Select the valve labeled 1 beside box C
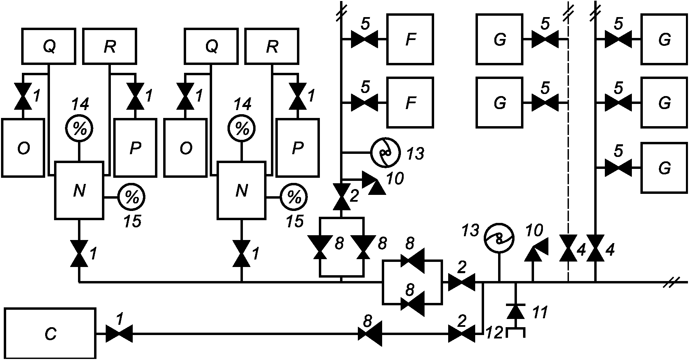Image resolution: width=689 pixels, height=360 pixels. [119, 333]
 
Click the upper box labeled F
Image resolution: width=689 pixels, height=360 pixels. [410, 39]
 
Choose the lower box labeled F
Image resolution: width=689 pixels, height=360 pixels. [410, 102]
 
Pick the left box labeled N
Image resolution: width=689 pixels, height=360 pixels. [79, 190]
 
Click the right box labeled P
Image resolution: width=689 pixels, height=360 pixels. [298, 148]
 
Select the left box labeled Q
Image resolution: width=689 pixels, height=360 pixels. [49, 46]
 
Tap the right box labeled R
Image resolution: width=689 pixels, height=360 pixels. [272, 46]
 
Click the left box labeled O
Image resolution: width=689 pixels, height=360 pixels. [23, 148]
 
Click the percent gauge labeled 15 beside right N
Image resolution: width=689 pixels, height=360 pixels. [294, 197]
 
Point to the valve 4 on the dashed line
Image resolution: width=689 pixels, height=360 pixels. [568, 248]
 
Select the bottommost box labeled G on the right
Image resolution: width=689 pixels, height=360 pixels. [664, 168]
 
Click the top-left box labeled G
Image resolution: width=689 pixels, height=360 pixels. [499, 39]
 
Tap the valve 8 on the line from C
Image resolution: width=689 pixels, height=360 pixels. [370, 333]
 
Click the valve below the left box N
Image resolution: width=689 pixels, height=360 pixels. [79, 254]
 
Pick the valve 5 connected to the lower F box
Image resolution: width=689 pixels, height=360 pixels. [365, 102]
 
